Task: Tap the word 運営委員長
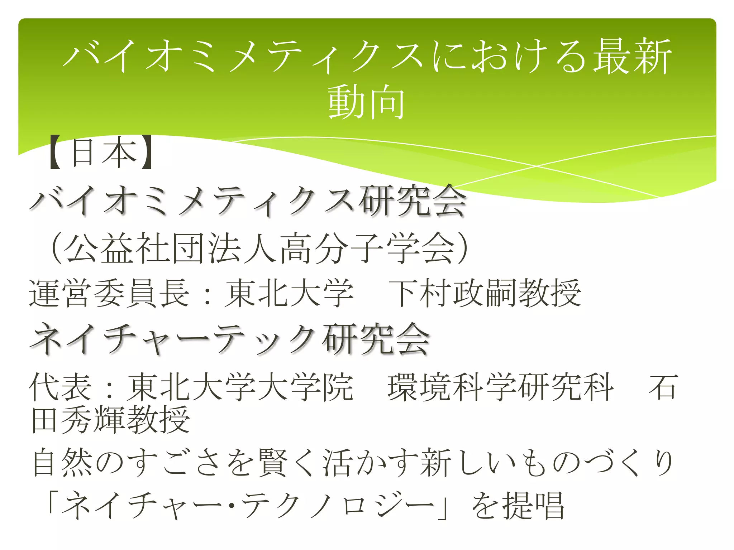(109, 294)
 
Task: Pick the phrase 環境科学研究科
(500, 387)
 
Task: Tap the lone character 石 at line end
(663, 387)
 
